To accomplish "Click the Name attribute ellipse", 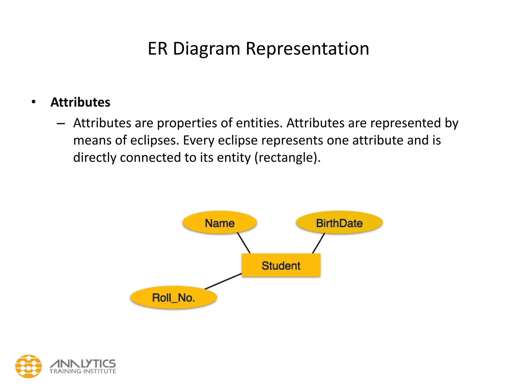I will (220, 223).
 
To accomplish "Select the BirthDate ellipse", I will (339, 223).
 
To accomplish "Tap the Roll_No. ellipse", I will (174, 297).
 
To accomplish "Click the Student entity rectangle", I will (281, 265).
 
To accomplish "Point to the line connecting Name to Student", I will (244, 243).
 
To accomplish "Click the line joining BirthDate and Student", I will (318, 243).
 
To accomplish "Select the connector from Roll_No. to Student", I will (223, 281).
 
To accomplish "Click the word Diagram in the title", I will (206, 48).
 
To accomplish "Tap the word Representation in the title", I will (307, 48).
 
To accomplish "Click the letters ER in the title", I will (158, 48).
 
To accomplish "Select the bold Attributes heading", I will (80, 102).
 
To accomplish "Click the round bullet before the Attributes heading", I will (34, 102).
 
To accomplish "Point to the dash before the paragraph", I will (61, 124).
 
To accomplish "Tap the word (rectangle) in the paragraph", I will (287, 158).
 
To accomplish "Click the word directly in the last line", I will (95, 158).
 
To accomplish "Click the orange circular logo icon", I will (29, 366).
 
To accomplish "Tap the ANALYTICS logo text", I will (83, 364).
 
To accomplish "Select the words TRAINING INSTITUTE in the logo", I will (83, 371).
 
